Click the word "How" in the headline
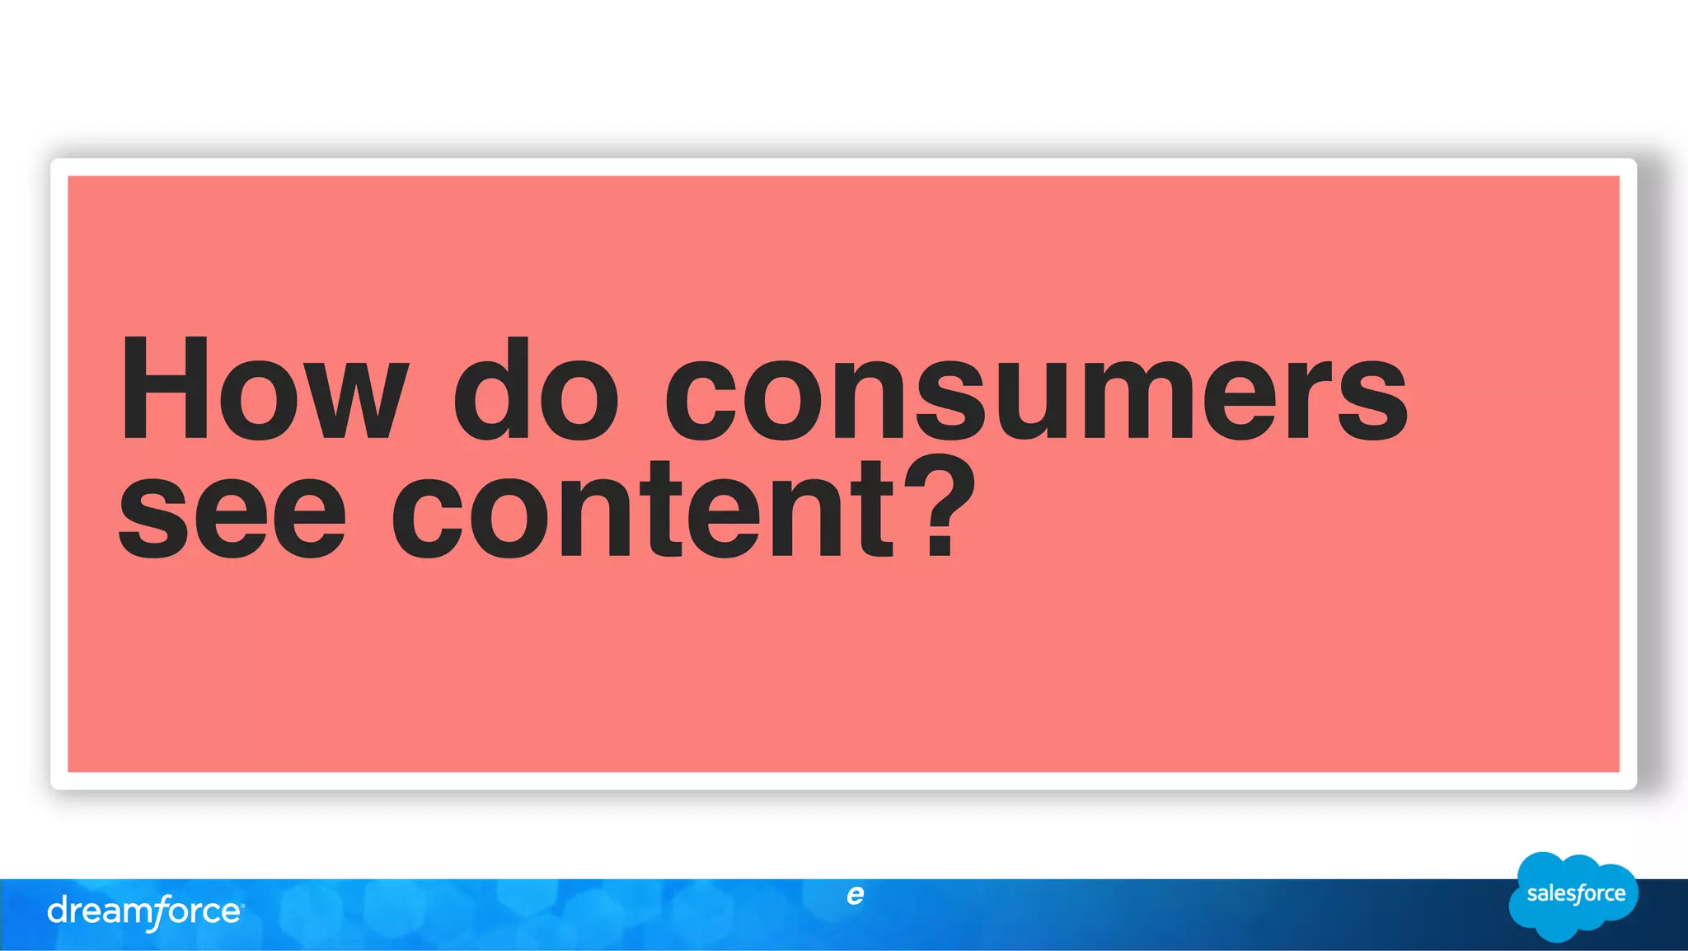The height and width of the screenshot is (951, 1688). [x=264, y=389]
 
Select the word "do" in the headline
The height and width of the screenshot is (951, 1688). [x=536, y=389]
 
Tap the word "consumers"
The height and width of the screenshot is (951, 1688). [x=1036, y=396]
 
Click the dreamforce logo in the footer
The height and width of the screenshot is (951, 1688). [x=145, y=911]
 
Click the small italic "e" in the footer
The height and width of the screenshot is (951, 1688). [x=855, y=894]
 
